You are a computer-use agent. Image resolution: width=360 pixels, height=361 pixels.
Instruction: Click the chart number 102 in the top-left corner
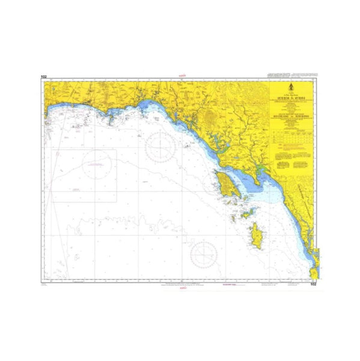pos(43,77)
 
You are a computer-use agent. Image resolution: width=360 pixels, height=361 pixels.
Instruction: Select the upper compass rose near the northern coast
pos(161,144)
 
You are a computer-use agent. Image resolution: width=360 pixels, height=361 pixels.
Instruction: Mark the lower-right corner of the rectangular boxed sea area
pos(116,201)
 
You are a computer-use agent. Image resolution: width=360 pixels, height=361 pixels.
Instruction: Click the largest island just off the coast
pos(225,182)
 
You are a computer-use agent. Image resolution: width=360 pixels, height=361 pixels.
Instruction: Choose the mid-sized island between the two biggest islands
pos(246,210)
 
